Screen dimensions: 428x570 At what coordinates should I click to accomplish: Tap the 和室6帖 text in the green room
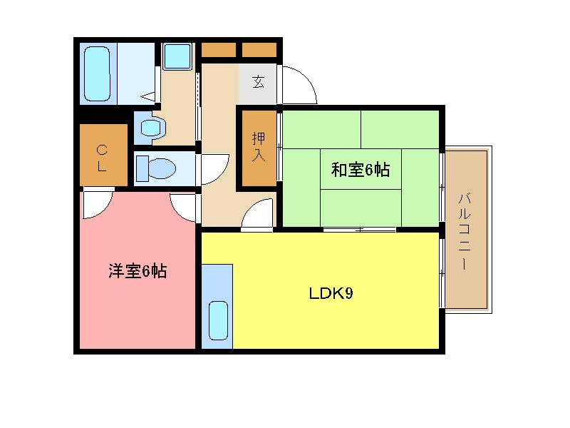click(x=360, y=170)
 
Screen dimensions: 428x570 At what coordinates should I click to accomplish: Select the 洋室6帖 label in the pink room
click(x=138, y=271)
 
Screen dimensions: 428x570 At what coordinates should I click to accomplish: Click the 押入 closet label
click(x=258, y=147)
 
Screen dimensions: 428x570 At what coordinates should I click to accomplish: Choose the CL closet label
click(x=102, y=158)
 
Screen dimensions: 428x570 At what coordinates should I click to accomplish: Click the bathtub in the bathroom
click(x=97, y=73)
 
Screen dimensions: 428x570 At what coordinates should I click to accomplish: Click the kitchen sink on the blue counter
click(x=217, y=320)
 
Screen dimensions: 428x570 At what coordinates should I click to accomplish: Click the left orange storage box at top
click(x=218, y=50)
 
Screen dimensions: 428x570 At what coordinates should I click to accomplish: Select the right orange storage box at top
click(x=259, y=50)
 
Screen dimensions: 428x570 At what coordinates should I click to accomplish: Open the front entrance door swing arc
click(x=299, y=84)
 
